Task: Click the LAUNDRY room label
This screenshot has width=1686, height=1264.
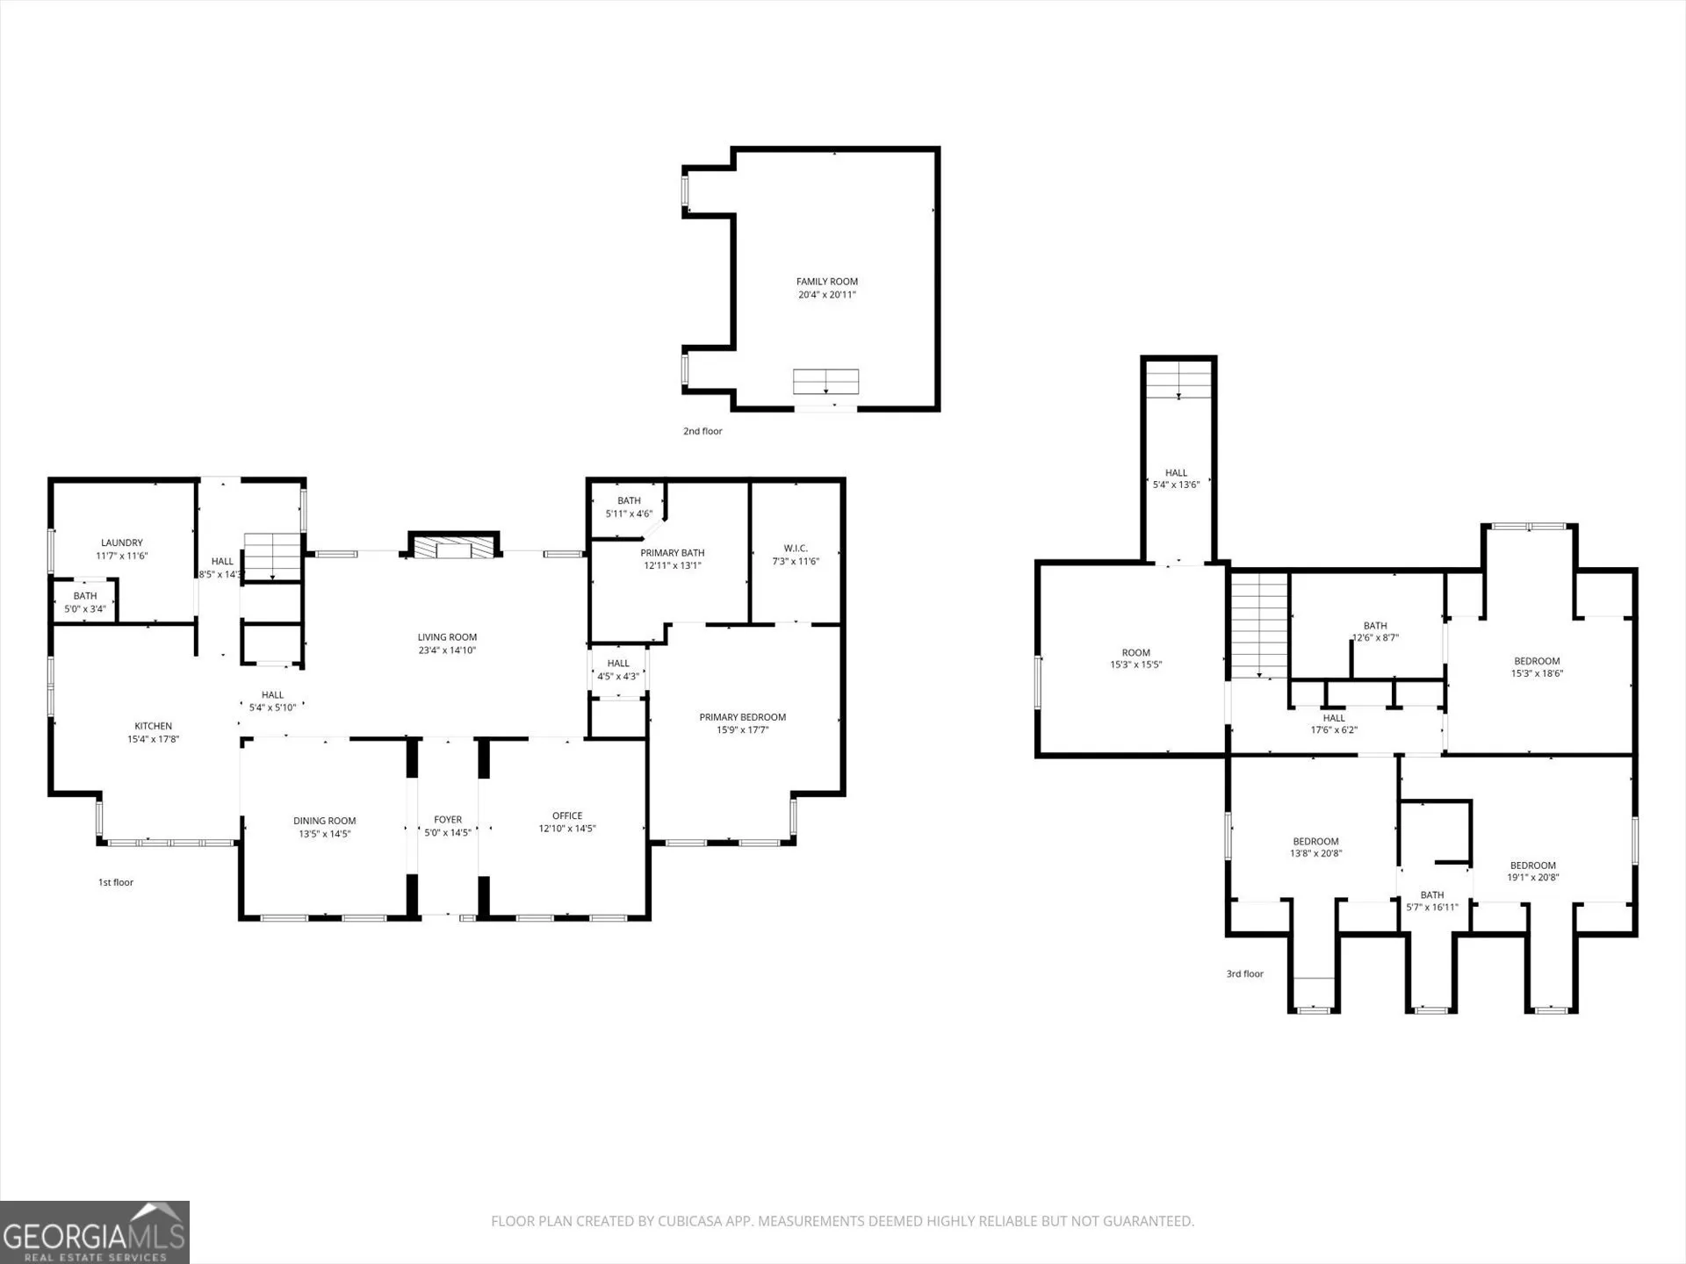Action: point(122,543)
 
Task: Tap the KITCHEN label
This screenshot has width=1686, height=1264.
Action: point(154,726)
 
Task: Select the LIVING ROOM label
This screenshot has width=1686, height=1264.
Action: point(447,637)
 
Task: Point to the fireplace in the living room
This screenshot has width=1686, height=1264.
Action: point(453,545)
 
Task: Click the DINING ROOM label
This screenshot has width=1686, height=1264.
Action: point(325,821)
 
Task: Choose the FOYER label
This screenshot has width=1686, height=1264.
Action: point(448,820)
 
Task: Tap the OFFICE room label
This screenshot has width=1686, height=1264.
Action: point(567,815)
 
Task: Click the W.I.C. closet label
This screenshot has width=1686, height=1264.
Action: point(796,549)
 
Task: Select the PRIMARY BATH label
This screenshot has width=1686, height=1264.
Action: point(673,553)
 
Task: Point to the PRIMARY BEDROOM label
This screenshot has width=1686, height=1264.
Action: point(743,717)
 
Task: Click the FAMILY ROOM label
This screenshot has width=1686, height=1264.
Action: point(827,282)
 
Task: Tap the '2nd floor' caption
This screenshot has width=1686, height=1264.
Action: point(702,431)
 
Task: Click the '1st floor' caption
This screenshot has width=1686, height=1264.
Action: point(116,882)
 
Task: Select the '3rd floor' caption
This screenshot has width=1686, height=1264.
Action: point(1245,973)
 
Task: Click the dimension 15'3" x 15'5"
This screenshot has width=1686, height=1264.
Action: point(1136,665)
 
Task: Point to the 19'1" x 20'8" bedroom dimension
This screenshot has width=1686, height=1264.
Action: point(1533,878)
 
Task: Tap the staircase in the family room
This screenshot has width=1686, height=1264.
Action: point(826,382)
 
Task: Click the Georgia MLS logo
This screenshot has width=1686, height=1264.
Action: point(95,1232)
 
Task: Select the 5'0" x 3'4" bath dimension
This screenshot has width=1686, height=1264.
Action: point(85,608)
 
